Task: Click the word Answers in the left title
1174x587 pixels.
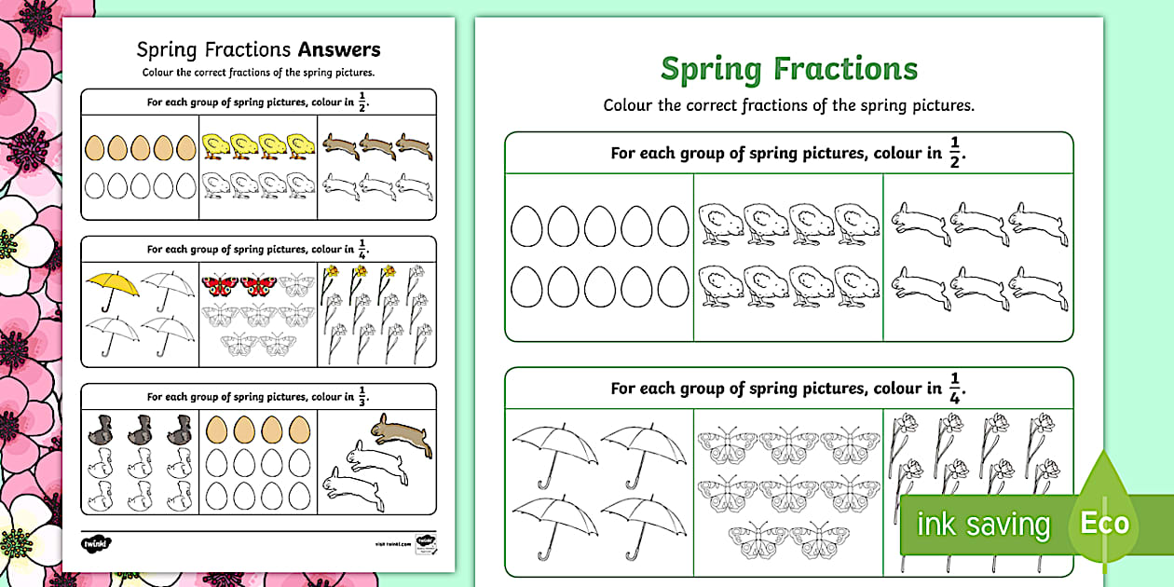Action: pos(338,49)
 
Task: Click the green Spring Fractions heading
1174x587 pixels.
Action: pos(788,68)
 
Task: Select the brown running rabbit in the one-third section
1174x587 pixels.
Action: pos(401,435)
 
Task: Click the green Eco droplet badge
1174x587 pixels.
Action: pos(1104,522)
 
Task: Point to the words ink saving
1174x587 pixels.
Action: pos(982,525)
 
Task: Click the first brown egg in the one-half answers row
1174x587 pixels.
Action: pos(94,147)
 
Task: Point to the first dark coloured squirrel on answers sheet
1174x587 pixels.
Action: pos(101,428)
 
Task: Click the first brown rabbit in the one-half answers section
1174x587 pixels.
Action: pos(338,144)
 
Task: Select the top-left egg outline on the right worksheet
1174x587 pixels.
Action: pos(526,225)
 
